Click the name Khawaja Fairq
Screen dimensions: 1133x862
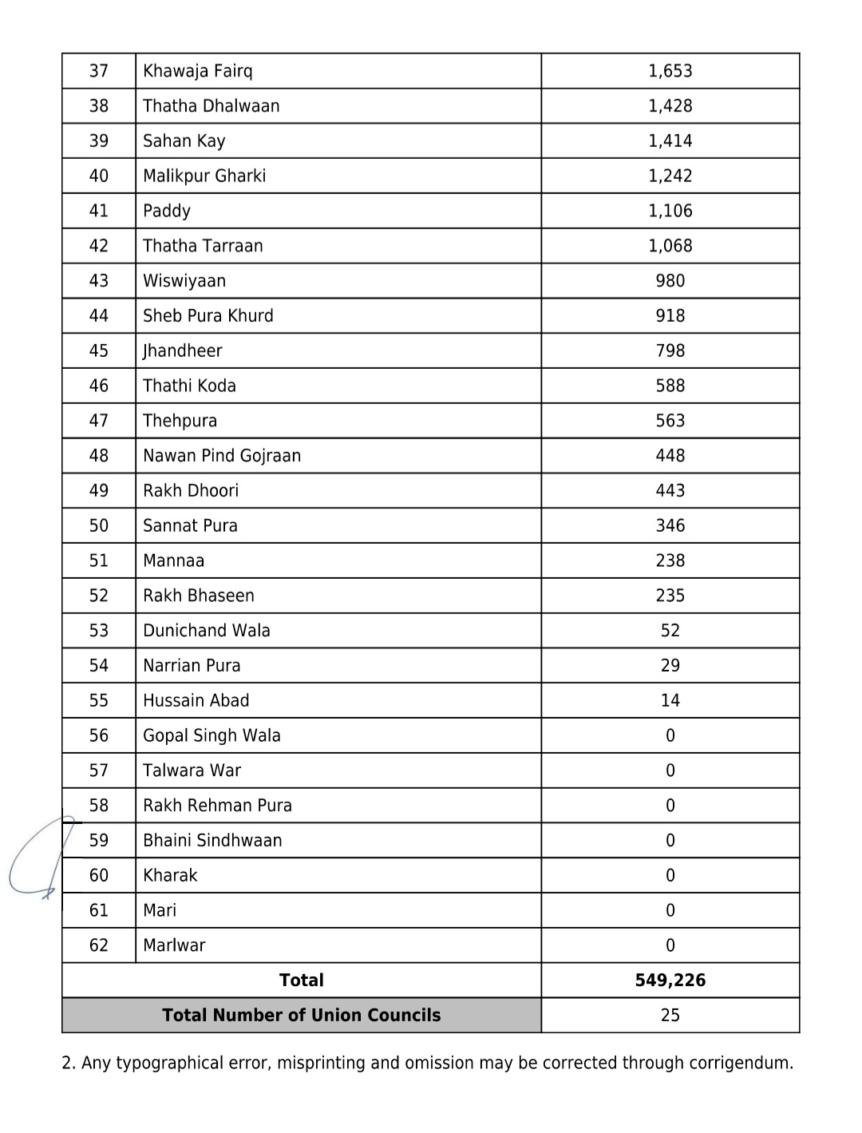197,71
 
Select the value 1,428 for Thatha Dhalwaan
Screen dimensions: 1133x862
670,106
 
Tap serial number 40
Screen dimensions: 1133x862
99,176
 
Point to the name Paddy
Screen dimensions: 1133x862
167,211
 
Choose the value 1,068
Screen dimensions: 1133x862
670,246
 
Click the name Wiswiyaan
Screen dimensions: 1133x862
184,281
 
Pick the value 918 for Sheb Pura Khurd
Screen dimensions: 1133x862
670,316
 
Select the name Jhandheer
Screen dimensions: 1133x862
182,351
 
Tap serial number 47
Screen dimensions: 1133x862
99,421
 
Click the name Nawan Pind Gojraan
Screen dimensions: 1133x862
222,456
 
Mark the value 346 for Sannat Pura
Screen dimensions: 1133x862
670,525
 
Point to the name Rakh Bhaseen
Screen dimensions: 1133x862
199,596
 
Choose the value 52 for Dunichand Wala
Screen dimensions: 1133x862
670,631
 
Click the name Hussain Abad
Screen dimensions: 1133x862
196,700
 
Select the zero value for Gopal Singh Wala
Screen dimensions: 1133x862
670,735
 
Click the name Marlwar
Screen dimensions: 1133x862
174,945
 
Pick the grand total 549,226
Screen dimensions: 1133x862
670,980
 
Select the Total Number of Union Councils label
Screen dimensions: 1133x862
301,1016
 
